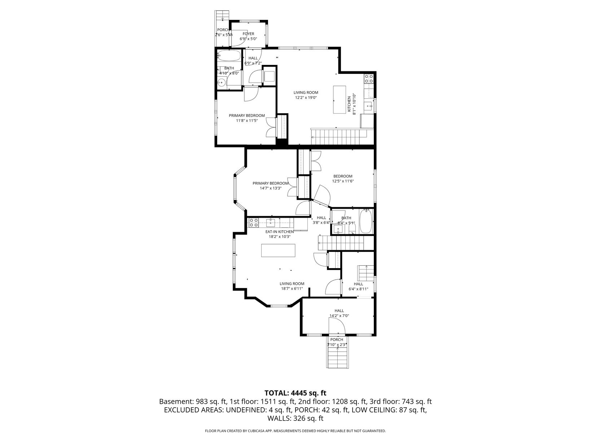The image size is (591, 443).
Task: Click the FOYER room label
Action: tap(248, 34)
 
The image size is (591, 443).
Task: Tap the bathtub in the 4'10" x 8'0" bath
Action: tap(229, 56)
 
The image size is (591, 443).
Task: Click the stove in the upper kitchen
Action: tap(369, 78)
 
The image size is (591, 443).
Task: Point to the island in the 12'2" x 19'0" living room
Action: tap(339, 99)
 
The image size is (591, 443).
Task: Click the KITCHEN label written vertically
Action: tap(349, 104)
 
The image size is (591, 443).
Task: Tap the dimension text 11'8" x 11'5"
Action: tap(247, 121)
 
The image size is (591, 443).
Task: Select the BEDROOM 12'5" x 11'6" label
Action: tap(343, 179)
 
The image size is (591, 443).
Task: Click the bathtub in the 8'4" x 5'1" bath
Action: tap(365, 221)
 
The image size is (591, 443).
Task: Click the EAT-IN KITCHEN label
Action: tap(280, 231)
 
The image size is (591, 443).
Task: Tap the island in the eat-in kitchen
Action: tap(278, 251)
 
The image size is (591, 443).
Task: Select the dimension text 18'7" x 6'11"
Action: tap(292, 289)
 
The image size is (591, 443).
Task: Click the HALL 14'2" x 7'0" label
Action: tap(339, 313)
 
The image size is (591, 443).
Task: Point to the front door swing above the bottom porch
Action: tap(337, 326)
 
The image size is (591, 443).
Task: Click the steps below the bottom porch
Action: tap(338, 356)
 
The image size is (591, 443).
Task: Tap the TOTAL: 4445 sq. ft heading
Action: tap(295, 393)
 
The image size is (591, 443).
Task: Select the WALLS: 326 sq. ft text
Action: tap(295, 418)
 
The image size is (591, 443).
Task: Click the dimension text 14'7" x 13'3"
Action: tap(271, 188)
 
